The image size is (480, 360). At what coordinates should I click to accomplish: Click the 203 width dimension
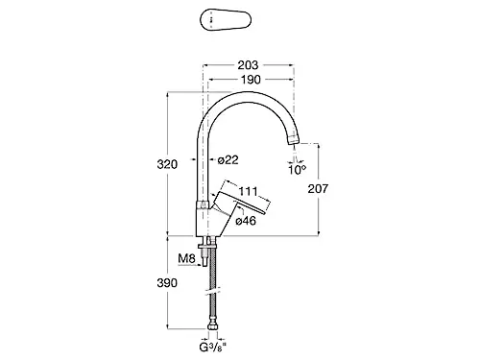pyautogui.click(x=248, y=65)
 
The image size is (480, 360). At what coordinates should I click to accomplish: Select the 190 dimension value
pyautogui.click(x=252, y=80)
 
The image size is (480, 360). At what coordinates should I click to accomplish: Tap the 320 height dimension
pyautogui.click(x=167, y=164)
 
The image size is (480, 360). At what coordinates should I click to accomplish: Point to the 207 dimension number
pyautogui.click(x=318, y=188)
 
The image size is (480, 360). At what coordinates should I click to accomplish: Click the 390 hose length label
pyautogui.click(x=167, y=283)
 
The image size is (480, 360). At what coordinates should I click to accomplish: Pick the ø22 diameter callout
pyautogui.click(x=228, y=159)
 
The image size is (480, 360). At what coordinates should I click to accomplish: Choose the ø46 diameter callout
pyautogui.click(x=246, y=221)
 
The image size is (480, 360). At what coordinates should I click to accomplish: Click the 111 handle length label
pyautogui.click(x=249, y=191)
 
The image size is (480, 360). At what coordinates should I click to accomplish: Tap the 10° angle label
pyautogui.click(x=297, y=169)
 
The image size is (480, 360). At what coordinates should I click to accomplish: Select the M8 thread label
pyautogui.click(x=186, y=258)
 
